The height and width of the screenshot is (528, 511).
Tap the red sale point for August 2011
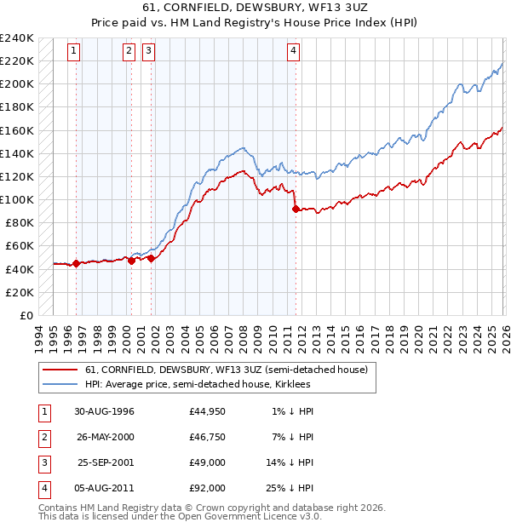(296, 209)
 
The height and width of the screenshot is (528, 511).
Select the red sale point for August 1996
(77, 263)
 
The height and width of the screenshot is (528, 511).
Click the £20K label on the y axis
(20, 292)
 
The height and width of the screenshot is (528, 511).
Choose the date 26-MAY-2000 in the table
(105, 437)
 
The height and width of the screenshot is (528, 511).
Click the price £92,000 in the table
(208, 488)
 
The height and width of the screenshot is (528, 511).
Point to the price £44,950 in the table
(208, 411)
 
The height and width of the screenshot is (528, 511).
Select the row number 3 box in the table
(43, 462)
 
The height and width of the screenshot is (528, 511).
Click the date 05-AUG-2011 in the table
(105, 488)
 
